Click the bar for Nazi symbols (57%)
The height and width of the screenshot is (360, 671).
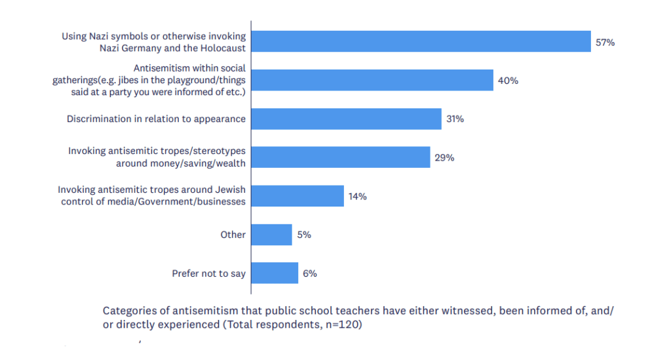pyautogui.click(x=421, y=41)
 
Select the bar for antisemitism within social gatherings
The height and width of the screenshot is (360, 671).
pyautogui.click(x=372, y=80)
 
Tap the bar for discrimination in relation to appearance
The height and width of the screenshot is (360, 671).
pyautogui.click(x=346, y=119)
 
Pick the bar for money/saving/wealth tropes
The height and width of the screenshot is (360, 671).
pyautogui.click(x=341, y=157)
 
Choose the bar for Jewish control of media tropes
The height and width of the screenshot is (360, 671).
pyautogui.click(x=297, y=196)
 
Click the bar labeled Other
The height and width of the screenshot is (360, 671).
pyautogui.click(x=272, y=235)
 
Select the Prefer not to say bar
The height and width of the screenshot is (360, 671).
pyautogui.click(x=275, y=273)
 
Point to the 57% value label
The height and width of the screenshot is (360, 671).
pyautogui.click(x=605, y=43)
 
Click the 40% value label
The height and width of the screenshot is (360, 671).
pyautogui.click(x=508, y=81)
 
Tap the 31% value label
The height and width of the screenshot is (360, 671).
pyautogui.click(x=455, y=119)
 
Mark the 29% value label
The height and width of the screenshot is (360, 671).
pyautogui.click(x=444, y=157)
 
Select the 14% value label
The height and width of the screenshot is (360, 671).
pyautogui.click(x=357, y=197)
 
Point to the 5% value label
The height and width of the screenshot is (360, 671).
pyautogui.click(x=304, y=235)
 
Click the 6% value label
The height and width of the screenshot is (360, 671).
pyautogui.click(x=310, y=273)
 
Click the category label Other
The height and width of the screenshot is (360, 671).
pyautogui.click(x=233, y=235)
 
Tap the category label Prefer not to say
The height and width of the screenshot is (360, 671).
pyautogui.click(x=209, y=273)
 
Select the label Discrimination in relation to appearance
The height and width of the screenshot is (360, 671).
pyautogui.click(x=156, y=119)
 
